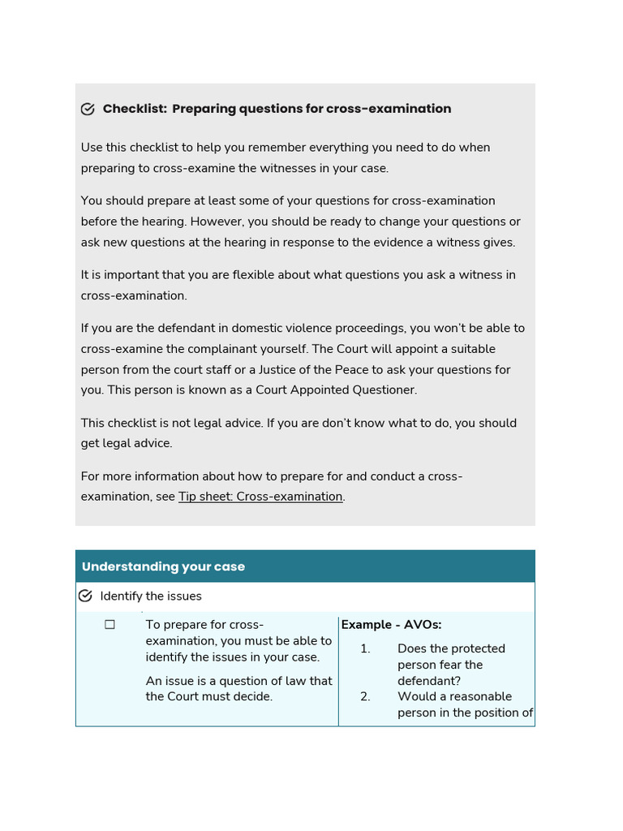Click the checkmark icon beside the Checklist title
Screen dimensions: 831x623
(88, 110)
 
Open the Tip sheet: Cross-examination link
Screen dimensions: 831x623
(260, 497)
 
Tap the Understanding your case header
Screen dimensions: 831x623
(163, 566)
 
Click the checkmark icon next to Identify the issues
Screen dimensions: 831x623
(85, 596)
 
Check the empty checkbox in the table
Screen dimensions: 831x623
(110, 625)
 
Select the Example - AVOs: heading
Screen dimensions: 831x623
(391, 625)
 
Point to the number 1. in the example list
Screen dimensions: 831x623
(365, 648)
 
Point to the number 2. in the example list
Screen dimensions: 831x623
(365, 696)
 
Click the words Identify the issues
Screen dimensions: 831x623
(151, 596)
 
